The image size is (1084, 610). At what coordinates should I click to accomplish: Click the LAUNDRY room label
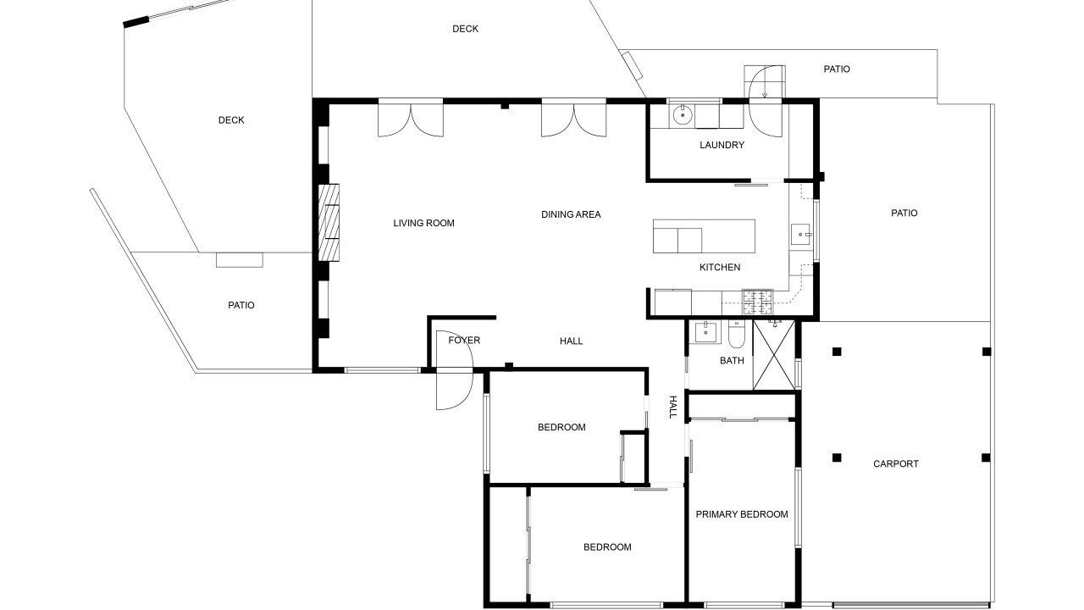[x=722, y=145]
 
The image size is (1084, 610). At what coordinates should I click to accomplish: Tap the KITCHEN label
[x=720, y=267]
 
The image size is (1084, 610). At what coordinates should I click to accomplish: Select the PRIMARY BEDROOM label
[x=741, y=514]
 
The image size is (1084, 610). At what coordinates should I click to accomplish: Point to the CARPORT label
[x=895, y=463]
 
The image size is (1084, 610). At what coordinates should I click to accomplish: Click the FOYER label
[x=464, y=341]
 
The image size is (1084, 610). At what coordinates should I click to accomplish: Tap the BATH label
[x=732, y=360]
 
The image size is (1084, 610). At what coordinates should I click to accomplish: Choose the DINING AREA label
[x=571, y=214]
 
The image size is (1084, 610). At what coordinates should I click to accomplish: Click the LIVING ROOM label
[x=423, y=223]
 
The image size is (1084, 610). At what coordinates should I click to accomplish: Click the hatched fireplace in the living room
[x=329, y=223]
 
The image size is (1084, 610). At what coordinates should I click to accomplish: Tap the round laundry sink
[x=683, y=115]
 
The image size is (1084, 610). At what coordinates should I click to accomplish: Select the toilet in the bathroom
[x=737, y=334]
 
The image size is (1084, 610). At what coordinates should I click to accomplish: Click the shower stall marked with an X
[x=774, y=355]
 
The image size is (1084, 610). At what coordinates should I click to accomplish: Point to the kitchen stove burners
[x=757, y=302]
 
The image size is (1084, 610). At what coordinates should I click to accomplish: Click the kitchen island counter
[x=704, y=236]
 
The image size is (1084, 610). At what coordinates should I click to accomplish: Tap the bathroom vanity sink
[x=705, y=332]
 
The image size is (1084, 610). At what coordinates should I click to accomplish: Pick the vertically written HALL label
[x=672, y=407]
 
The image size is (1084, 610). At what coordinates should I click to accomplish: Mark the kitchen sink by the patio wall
[x=801, y=235]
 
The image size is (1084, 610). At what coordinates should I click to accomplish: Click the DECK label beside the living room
[x=231, y=120]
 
